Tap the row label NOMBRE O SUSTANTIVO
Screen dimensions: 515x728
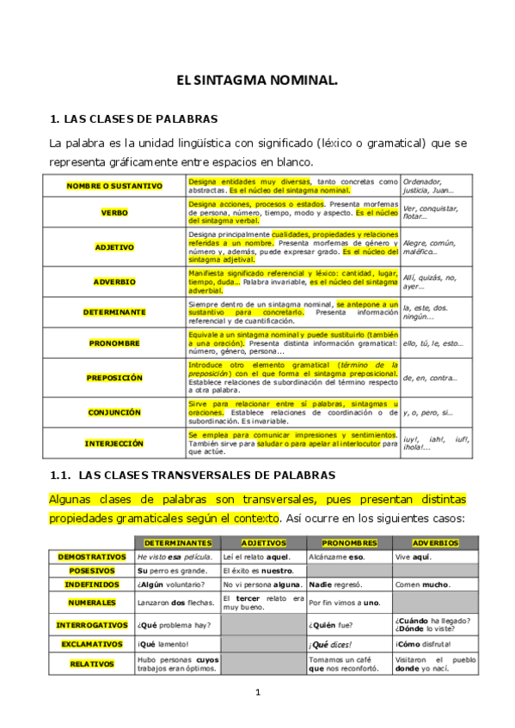[x=114, y=185]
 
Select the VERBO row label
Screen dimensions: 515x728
[x=114, y=212]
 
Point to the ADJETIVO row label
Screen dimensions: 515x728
[x=114, y=247]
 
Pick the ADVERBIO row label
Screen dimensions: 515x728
[x=114, y=281]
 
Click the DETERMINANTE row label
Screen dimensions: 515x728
[x=114, y=312]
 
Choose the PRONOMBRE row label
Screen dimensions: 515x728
[x=114, y=343]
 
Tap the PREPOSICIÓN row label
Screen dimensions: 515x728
[x=114, y=377]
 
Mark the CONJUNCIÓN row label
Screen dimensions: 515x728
[x=114, y=412]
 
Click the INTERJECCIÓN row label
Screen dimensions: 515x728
[x=114, y=443]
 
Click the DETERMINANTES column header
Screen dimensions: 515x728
[x=177, y=543]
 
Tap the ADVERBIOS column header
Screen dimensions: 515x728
[x=435, y=543]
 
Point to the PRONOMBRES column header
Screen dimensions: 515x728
[x=349, y=543]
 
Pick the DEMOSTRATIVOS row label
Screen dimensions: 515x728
[x=92, y=557]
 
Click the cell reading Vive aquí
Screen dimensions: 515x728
[x=413, y=557]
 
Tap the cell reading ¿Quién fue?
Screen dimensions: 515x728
[x=330, y=625]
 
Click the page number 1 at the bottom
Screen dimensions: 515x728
[x=257, y=692]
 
